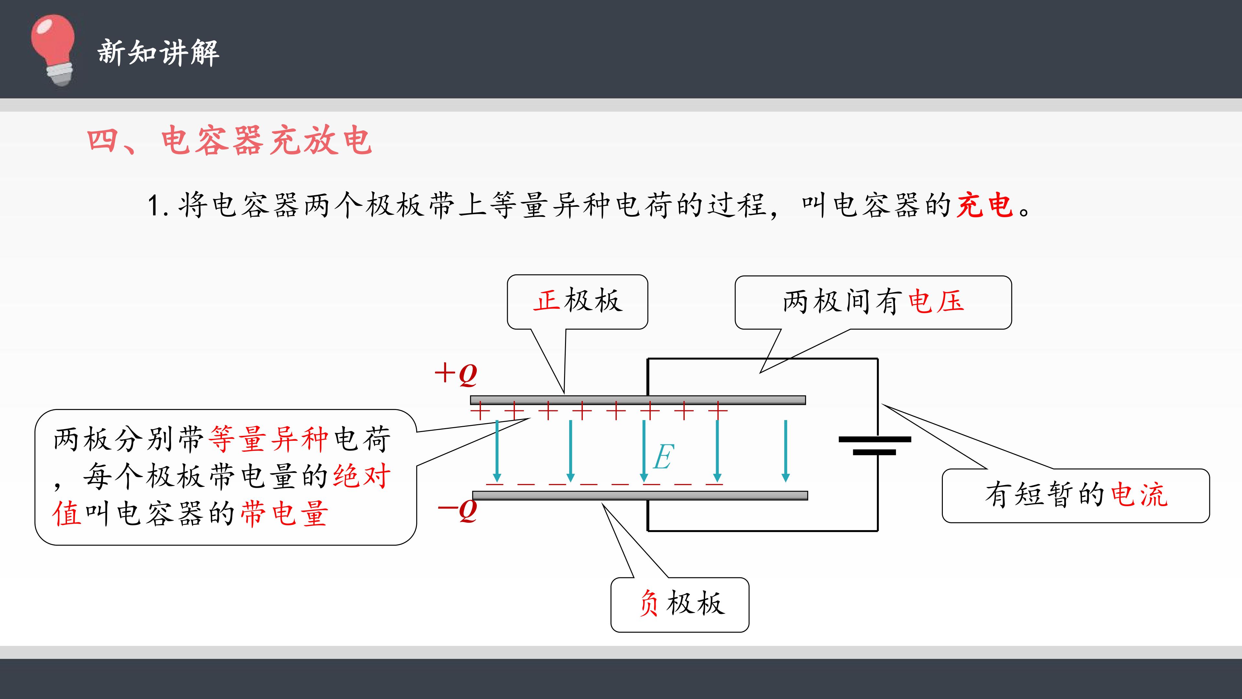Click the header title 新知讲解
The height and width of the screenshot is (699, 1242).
tap(158, 52)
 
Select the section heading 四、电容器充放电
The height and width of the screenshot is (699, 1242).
tap(230, 140)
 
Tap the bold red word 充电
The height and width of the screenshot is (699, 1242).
tap(985, 205)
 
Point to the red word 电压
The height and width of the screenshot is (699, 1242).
tap(936, 302)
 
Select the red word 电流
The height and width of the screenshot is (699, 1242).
tap(1139, 495)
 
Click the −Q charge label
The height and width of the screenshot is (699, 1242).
tap(457, 510)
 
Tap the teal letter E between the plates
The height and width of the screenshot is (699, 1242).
tap(663, 457)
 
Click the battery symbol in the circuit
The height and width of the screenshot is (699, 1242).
tap(875, 446)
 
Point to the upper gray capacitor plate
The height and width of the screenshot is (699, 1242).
tap(638, 400)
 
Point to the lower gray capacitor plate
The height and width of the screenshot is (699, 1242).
tap(640, 495)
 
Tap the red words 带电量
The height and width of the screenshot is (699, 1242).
tap(285, 513)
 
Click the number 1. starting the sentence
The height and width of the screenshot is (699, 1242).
tap(158, 206)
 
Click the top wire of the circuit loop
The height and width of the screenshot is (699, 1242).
tap(762, 359)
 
